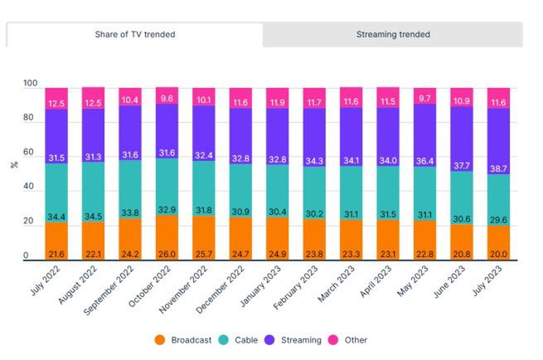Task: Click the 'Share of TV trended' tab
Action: click(134, 34)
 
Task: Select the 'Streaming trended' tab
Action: click(393, 34)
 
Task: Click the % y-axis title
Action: click(14, 164)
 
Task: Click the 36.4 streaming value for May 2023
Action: click(425, 160)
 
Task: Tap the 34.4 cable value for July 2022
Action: click(56, 216)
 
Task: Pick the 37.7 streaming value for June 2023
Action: click(462, 164)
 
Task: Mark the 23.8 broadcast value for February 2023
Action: click(315, 254)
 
